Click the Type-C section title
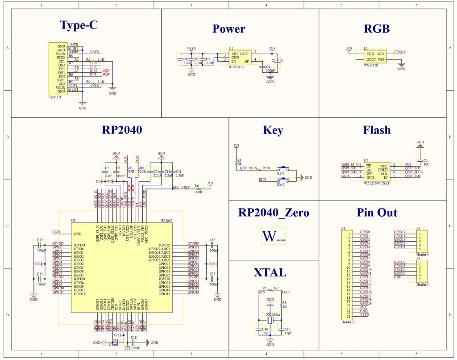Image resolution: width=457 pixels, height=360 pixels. click(x=79, y=25)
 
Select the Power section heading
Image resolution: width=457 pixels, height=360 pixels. click(x=228, y=29)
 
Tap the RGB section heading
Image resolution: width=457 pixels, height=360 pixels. click(x=377, y=29)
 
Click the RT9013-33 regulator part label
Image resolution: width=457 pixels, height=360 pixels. click(x=236, y=67)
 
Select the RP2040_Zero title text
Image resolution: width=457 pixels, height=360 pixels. click(x=273, y=213)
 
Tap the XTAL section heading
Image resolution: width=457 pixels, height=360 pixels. click(x=270, y=272)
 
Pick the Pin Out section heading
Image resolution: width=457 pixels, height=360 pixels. click(x=377, y=213)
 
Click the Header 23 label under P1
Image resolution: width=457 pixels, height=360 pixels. click(x=349, y=322)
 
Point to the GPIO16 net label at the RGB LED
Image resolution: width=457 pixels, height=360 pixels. click(x=400, y=52)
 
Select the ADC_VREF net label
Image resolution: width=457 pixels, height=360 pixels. click(x=181, y=188)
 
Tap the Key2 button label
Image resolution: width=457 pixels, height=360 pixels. click(x=281, y=184)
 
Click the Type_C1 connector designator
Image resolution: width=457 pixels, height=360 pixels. click(x=55, y=97)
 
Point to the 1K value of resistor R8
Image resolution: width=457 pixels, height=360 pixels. click(x=284, y=307)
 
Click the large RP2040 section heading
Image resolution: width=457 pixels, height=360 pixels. click(x=122, y=130)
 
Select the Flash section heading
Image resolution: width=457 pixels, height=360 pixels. click(x=377, y=130)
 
